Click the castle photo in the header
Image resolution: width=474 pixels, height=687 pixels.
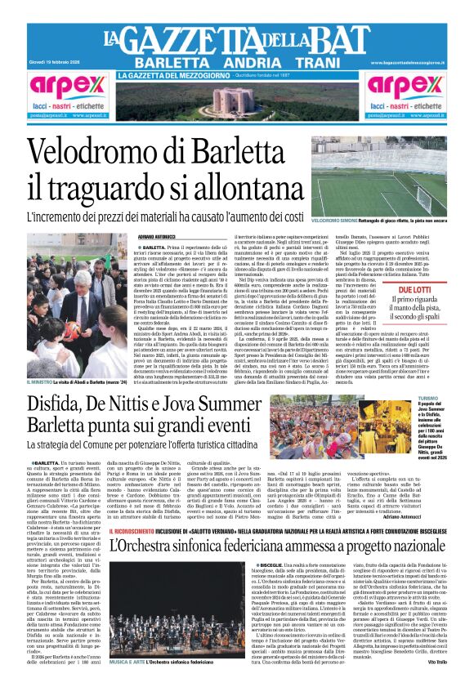(x=238, y=101)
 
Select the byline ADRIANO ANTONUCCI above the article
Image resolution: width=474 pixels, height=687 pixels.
(x=159, y=237)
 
